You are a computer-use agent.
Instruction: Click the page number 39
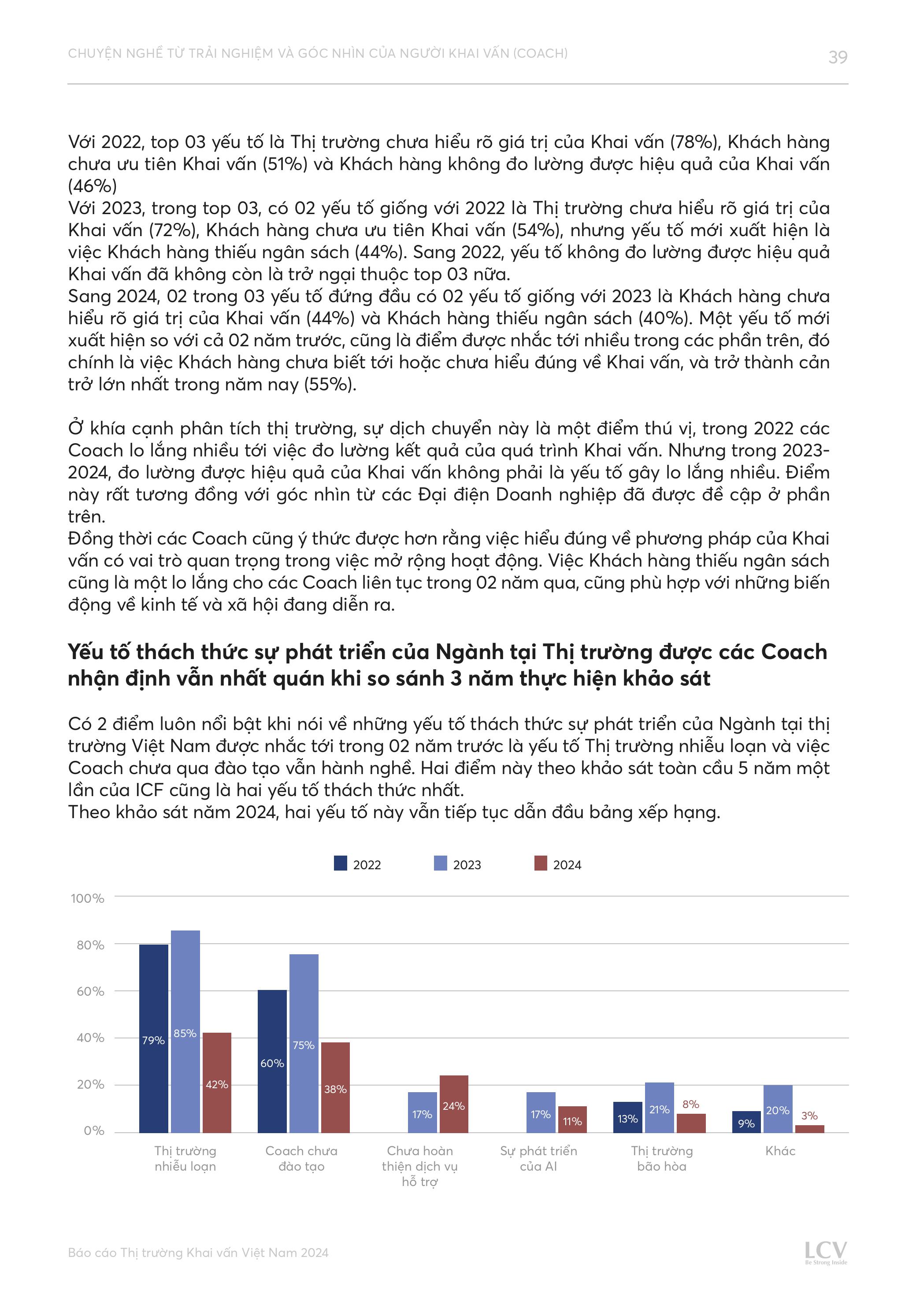(837, 57)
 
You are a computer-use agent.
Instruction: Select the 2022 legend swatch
(340, 863)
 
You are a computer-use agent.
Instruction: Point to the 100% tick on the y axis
(87, 898)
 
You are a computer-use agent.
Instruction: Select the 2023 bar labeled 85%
(185, 1031)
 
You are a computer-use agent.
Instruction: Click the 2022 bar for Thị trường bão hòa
(627, 1117)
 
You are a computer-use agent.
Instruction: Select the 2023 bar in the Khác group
(778, 1109)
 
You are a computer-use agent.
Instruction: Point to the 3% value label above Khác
(809, 1116)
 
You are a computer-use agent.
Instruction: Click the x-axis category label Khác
(781, 1151)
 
